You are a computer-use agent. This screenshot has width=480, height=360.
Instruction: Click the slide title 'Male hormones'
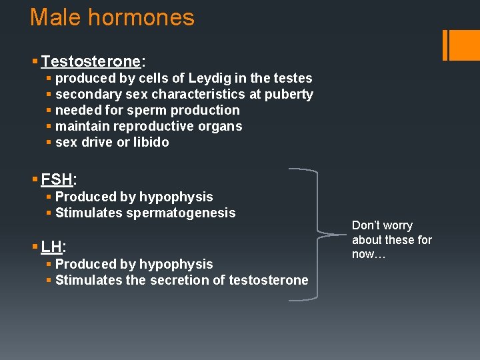point(112,17)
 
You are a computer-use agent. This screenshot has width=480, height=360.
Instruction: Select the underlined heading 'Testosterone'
point(91,62)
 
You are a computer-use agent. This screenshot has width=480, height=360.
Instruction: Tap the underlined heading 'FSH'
point(57,179)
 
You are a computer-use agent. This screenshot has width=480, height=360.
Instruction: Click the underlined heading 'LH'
point(52,247)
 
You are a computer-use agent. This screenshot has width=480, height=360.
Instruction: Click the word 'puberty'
point(289,95)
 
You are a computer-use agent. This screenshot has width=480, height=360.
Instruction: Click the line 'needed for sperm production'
point(147,110)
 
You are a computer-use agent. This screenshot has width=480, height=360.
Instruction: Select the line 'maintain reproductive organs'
point(149,126)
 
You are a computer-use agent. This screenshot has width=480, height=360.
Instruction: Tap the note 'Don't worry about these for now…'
point(391,240)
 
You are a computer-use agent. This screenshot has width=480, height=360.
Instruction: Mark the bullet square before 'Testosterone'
point(34,63)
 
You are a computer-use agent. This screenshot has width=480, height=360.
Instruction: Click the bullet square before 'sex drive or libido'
point(49,143)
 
